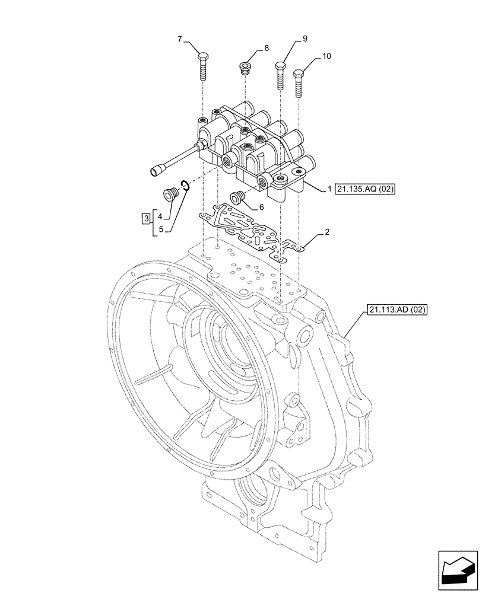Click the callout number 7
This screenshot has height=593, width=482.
[179, 40]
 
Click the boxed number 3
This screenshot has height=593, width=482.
[146, 220]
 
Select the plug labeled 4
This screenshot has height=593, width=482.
[170, 194]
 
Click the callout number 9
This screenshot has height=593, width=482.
[305, 39]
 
